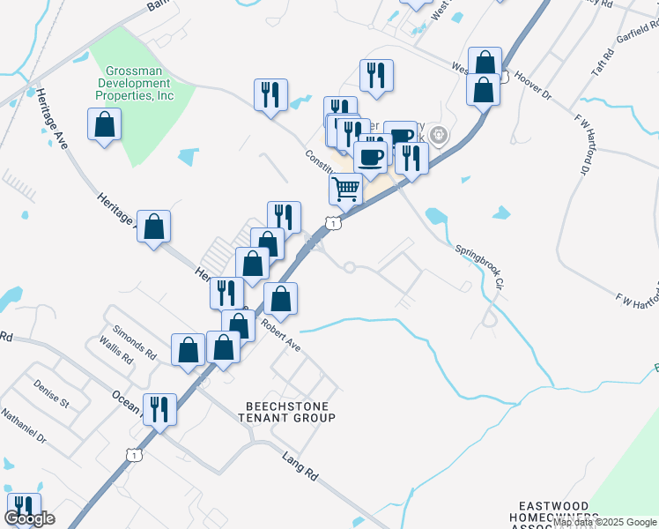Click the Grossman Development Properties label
coord(139,83)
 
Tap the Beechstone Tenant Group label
coord(290,411)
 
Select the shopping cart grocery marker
coord(346,188)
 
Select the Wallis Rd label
coord(115,352)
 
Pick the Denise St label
coord(51,394)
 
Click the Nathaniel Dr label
coord(22,424)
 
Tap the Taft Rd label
coord(601,62)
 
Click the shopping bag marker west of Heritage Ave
coord(105,124)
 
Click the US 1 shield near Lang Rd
coord(133,454)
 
